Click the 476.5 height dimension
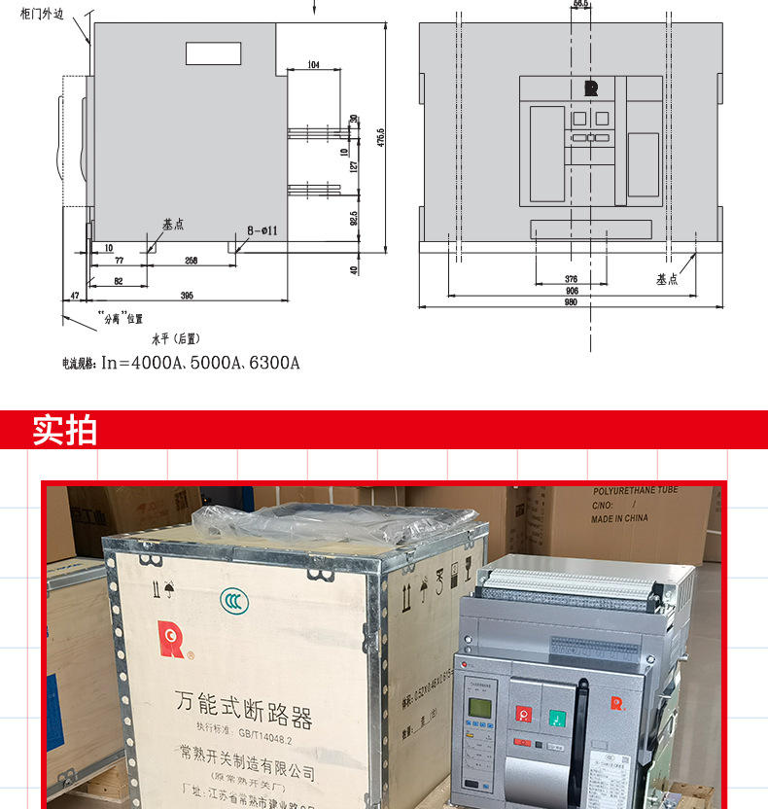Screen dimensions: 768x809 381,137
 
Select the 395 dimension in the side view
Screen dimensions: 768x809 187,295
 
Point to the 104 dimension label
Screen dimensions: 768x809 312,65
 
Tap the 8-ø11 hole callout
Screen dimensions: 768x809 262,230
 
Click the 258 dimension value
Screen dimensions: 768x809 192,260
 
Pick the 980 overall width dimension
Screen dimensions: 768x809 571,302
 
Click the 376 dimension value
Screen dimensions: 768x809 571,278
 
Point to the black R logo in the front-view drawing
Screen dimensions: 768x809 590,88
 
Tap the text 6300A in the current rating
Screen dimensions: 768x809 275,364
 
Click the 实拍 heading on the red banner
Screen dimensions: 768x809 65,430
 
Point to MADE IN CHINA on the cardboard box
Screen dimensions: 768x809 619,518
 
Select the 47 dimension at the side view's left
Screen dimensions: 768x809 74,295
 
